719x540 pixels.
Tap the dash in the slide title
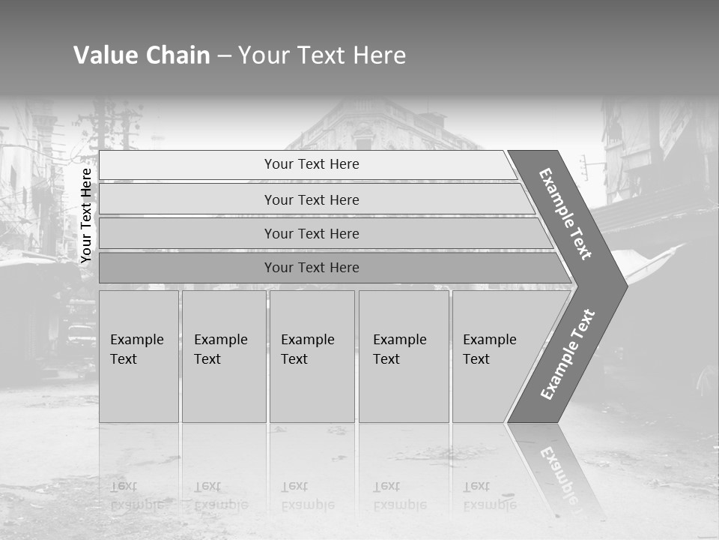coord(224,56)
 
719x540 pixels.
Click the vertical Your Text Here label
coord(86,215)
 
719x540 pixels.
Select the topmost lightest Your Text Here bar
coord(311,164)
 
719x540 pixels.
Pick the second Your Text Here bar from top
coord(311,199)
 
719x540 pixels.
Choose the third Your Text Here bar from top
coord(311,233)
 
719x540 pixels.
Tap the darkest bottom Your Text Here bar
coord(311,268)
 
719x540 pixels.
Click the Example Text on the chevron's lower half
coord(568,355)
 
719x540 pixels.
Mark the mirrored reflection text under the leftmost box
coord(137,496)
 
